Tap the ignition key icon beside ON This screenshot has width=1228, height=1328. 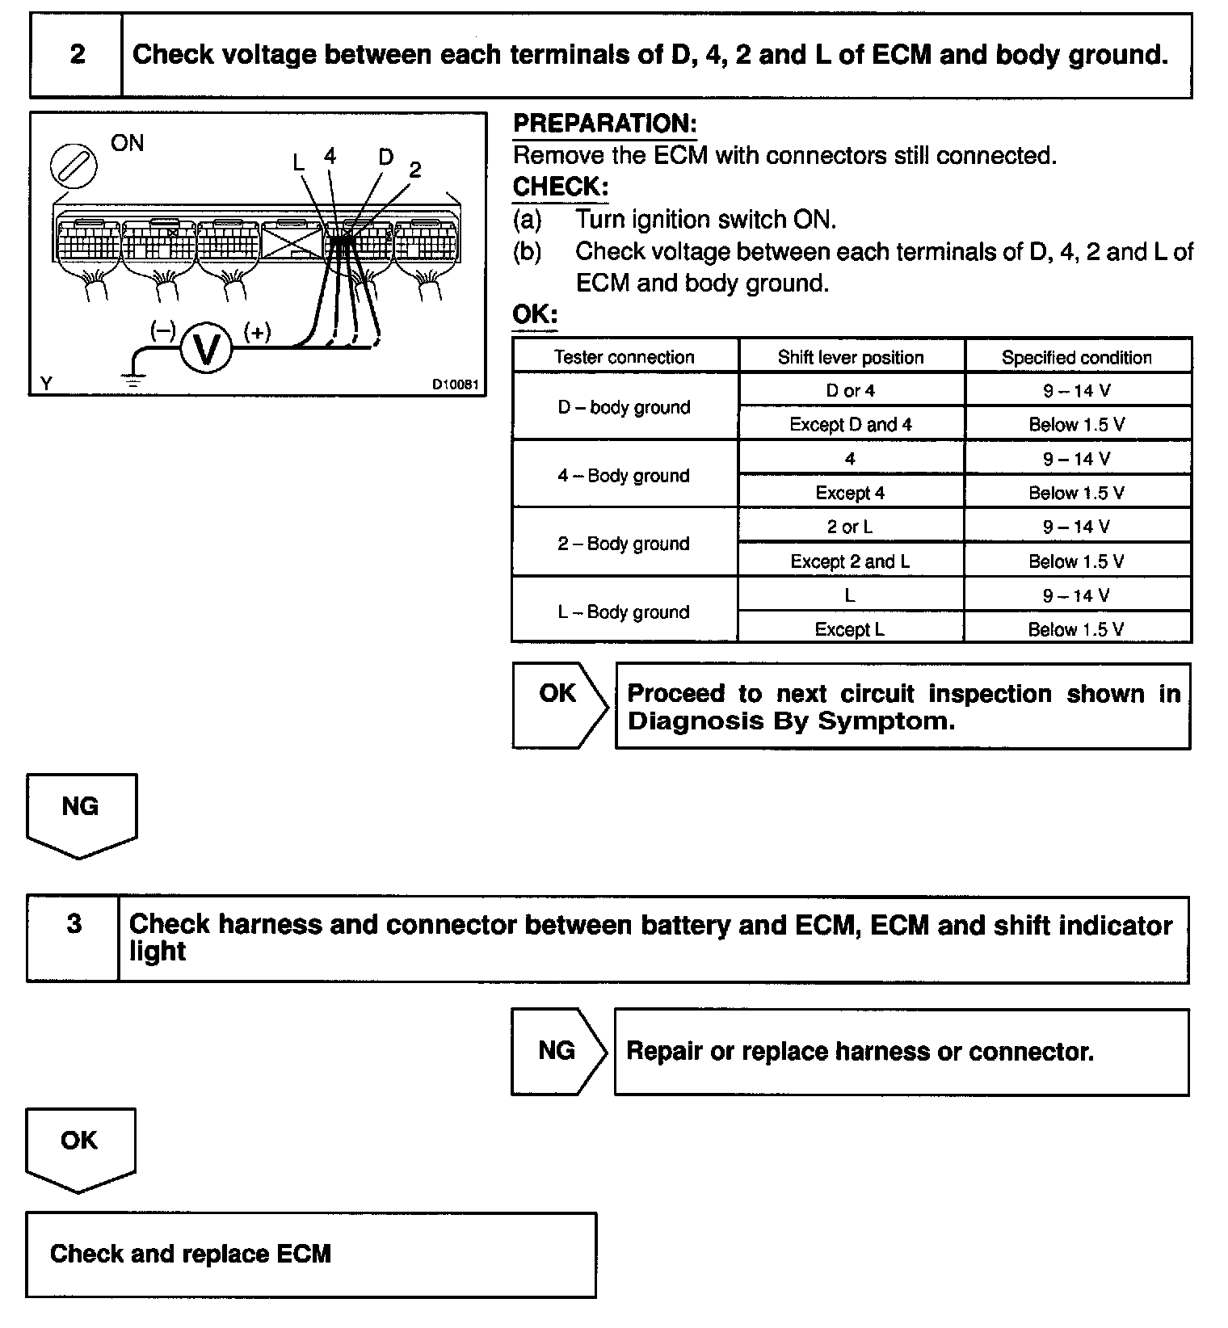click(74, 166)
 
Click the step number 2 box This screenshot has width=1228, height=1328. click(77, 55)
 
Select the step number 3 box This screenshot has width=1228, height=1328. click(74, 937)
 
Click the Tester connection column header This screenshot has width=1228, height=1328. click(625, 356)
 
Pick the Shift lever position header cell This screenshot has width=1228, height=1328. click(851, 357)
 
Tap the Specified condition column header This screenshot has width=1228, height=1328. click(1077, 357)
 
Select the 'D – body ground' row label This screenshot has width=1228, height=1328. click(625, 406)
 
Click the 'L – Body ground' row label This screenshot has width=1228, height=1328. click(625, 611)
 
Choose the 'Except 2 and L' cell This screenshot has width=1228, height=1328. click(851, 561)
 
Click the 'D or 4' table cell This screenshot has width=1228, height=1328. click(851, 390)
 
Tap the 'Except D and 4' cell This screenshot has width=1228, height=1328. click(851, 424)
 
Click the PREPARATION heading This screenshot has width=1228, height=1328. click(605, 124)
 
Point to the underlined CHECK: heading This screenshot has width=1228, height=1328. click(561, 187)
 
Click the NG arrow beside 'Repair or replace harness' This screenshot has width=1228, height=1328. click(557, 1051)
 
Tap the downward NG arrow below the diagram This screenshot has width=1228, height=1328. click(81, 813)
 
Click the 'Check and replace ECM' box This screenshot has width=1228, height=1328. click(311, 1254)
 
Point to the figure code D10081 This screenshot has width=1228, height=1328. click(455, 385)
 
